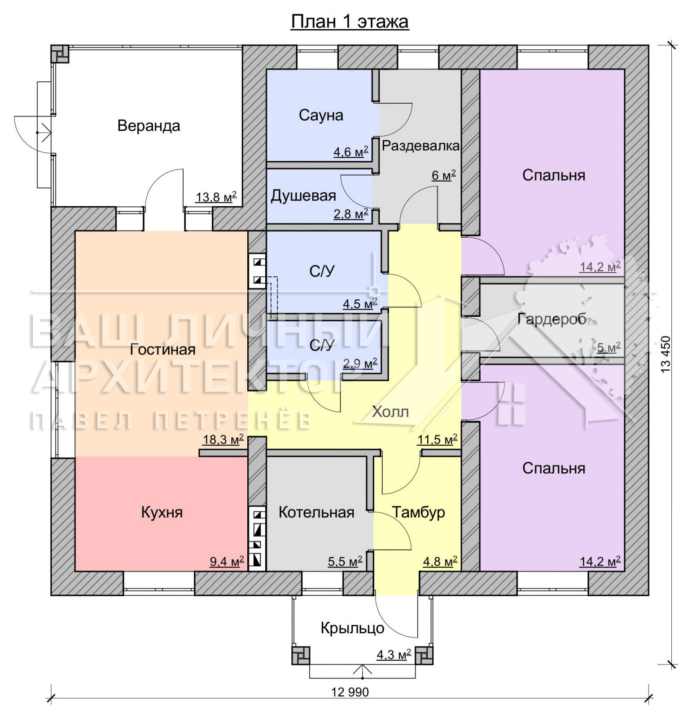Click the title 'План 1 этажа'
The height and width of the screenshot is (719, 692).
[x=350, y=21]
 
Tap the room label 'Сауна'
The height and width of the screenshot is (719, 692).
[x=321, y=115]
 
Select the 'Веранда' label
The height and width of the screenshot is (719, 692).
[x=149, y=126]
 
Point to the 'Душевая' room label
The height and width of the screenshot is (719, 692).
[x=303, y=196]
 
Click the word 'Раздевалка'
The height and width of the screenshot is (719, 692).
[x=420, y=146]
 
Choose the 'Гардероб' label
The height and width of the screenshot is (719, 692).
[x=552, y=319]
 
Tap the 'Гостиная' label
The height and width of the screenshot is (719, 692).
[x=162, y=349]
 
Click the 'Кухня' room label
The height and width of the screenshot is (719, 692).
[x=162, y=512]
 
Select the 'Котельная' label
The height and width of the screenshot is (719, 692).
[x=316, y=512]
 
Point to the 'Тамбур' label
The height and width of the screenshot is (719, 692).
[x=418, y=512]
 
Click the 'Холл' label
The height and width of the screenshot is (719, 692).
[x=390, y=412]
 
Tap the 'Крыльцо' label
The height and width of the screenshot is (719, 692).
[x=352, y=628]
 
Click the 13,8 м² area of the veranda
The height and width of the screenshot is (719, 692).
[x=216, y=196]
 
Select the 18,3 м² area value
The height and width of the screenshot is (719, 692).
[x=223, y=439]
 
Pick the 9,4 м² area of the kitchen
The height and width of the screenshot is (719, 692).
[x=227, y=561]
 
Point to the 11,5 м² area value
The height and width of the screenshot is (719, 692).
[x=437, y=439]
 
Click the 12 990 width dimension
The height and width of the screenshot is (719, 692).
[x=350, y=692]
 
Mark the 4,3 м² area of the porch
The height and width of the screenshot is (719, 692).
[x=394, y=654]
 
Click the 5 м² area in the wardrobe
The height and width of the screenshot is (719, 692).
[x=609, y=347]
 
